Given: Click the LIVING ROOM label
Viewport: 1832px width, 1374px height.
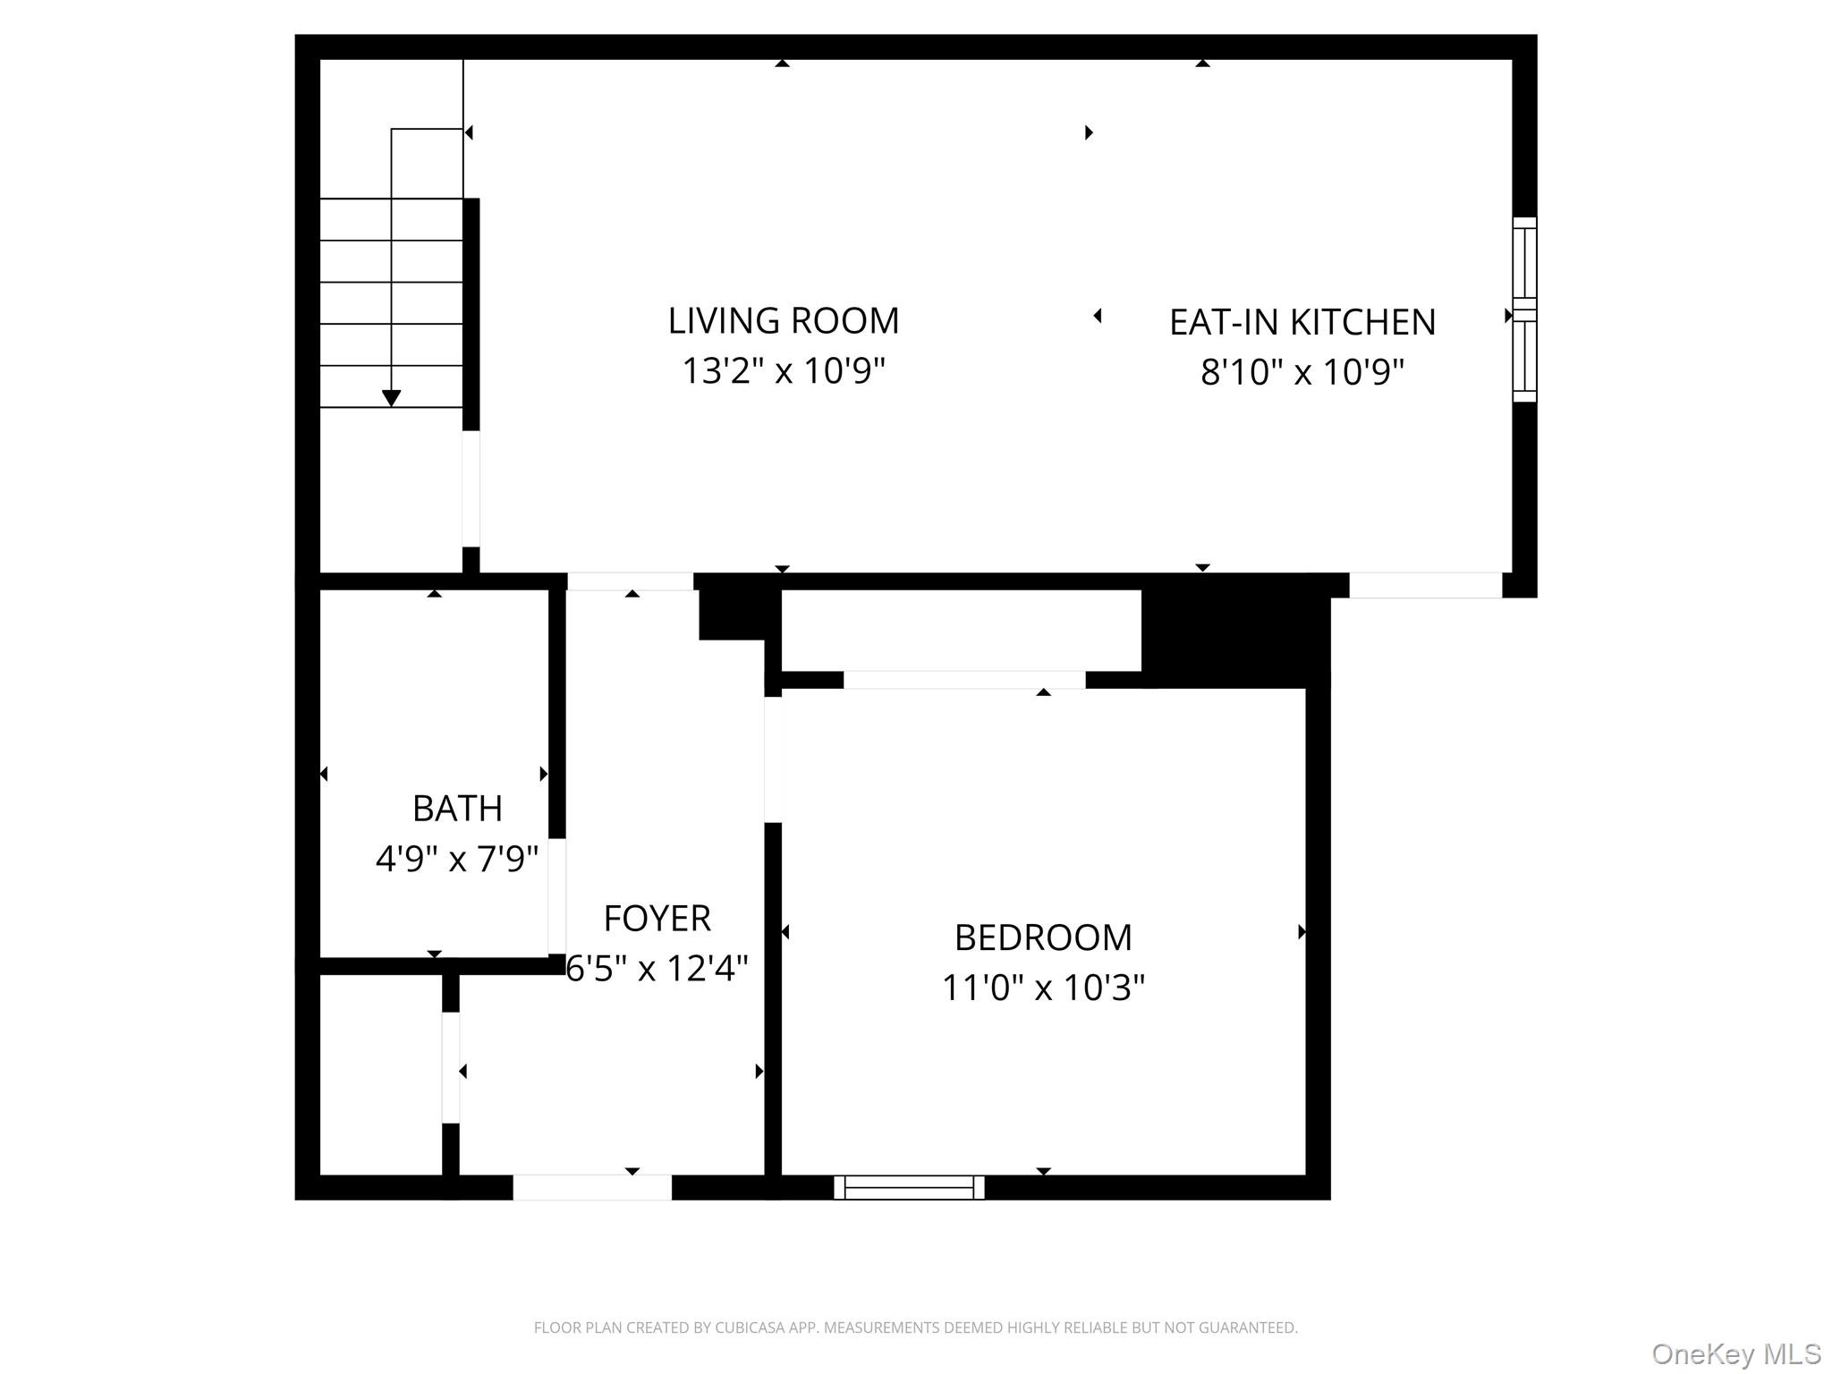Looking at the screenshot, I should click(783, 321).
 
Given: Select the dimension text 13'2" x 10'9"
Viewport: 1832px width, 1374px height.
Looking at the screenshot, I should click(783, 370).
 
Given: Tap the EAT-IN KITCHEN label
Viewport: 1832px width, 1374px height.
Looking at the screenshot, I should click(1302, 323).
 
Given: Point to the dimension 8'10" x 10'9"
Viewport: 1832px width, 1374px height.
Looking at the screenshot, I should click(1302, 372).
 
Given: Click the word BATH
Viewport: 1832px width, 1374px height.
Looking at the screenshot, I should click(456, 809).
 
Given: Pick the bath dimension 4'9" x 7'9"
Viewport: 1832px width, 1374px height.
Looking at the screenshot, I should click(456, 859).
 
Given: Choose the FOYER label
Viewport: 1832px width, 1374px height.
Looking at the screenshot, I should click(657, 919).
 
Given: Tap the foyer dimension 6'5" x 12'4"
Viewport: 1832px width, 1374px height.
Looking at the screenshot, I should click(657, 968).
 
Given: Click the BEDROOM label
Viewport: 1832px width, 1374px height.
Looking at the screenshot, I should click(1042, 938).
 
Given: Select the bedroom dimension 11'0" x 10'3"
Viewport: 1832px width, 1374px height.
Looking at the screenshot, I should click(1042, 988).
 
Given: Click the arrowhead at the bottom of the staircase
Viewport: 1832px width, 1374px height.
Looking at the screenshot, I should click(391, 398).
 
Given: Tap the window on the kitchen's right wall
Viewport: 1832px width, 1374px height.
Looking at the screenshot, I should click(1524, 310).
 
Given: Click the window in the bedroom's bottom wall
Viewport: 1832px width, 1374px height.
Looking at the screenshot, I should click(909, 1187).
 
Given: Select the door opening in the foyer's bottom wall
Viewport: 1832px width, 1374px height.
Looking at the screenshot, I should click(591, 1187).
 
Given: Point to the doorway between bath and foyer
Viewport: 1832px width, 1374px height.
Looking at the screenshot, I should click(556, 895).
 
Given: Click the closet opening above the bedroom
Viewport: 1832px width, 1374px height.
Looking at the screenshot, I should click(963, 680).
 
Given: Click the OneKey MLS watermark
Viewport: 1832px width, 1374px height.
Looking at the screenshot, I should click(1735, 1353).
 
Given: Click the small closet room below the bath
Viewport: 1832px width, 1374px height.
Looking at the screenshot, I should click(380, 1073).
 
